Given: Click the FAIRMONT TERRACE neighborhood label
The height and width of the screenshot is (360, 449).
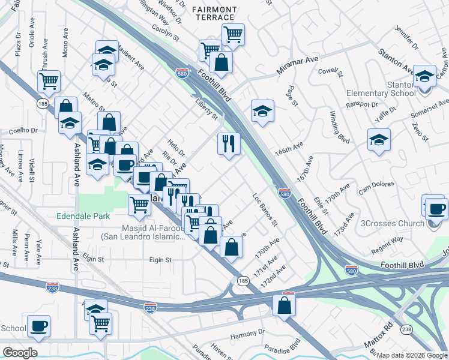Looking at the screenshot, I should click(x=214, y=13).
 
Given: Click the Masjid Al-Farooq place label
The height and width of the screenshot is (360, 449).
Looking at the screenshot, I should click(x=143, y=232).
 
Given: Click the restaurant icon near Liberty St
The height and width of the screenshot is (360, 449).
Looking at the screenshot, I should click(x=228, y=143).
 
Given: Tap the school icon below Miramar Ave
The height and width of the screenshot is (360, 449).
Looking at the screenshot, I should click(x=262, y=111).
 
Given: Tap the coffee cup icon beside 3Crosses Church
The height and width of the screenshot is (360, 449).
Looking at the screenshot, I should click(x=436, y=209).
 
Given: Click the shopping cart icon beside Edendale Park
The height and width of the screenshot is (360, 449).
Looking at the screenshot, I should click(x=140, y=204).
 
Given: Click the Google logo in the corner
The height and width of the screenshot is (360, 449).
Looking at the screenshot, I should click(x=20, y=352).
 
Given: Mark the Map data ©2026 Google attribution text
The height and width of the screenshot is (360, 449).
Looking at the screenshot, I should click(x=412, y=355).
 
